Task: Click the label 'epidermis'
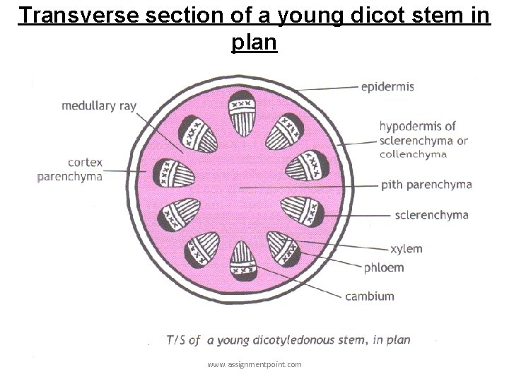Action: pyautogui.click(x=388, y=87)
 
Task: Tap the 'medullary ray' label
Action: pyautogui.click(x=99, y=106)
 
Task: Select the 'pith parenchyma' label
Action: pyautogui.click(x=426, y=185)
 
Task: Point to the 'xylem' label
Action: pyautogui.click(x=406, y=248)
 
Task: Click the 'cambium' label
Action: pyautogui.click(x=370, y=296)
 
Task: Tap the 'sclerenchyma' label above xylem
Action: pyautogui.click(x=432, y=214)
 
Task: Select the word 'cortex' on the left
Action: pyautogui.click(x=85, y=162)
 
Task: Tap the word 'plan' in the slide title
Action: pyautogui.click(x=254, y=42)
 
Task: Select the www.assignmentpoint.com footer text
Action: pyautogui.click(x=255, y=364)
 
